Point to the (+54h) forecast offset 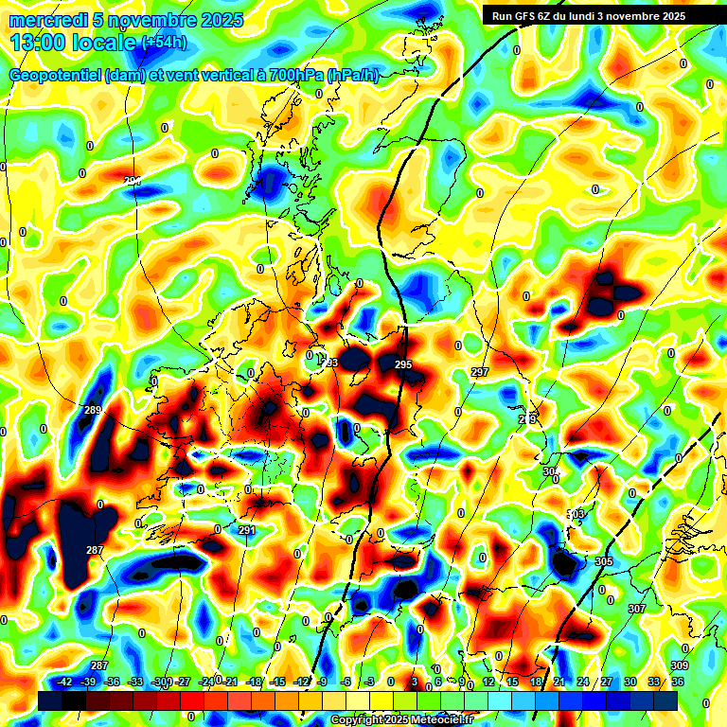point(164,43)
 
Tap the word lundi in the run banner point(594,16)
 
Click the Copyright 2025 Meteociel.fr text point(401,720)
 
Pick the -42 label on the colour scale point(64,682)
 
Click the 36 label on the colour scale point(678,682)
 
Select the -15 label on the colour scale point(277,682)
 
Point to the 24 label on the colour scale point(580,682)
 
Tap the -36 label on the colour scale point(112,682)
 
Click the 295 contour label point(403,364)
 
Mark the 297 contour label point(480,372)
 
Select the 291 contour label point(247,530)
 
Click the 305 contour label point(604,561)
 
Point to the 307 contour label point(636,608)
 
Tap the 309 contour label point(679,665)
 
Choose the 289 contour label point(92,410)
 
